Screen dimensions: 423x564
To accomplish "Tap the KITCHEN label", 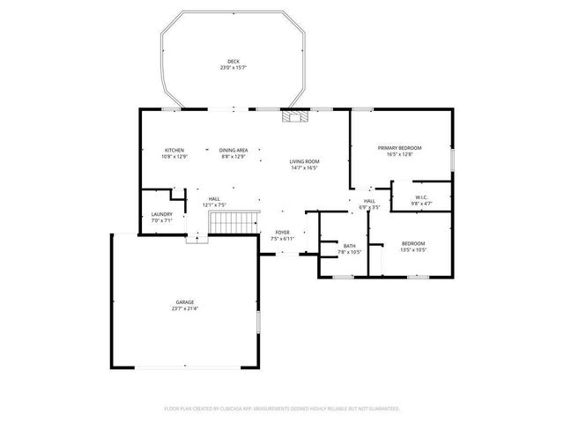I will click(173, 150).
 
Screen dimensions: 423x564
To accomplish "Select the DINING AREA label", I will click(234, 150).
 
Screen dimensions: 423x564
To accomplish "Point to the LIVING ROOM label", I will click(304, 161).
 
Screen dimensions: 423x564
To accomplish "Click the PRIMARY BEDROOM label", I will click(399, 147).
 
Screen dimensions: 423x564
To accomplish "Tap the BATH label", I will click(350, 246).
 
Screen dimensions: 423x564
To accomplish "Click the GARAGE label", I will click(184, 302).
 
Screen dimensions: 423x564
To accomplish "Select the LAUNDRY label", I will click(161, 214).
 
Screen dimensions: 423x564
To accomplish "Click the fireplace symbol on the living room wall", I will click(292, 114).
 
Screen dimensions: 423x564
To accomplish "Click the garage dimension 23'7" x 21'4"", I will click(184, 308).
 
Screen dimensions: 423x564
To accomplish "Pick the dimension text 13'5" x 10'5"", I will click(413, 249).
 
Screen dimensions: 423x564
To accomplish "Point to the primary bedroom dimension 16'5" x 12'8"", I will click(399, 153).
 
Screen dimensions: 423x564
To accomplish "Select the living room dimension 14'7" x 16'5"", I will click(304, 167).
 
